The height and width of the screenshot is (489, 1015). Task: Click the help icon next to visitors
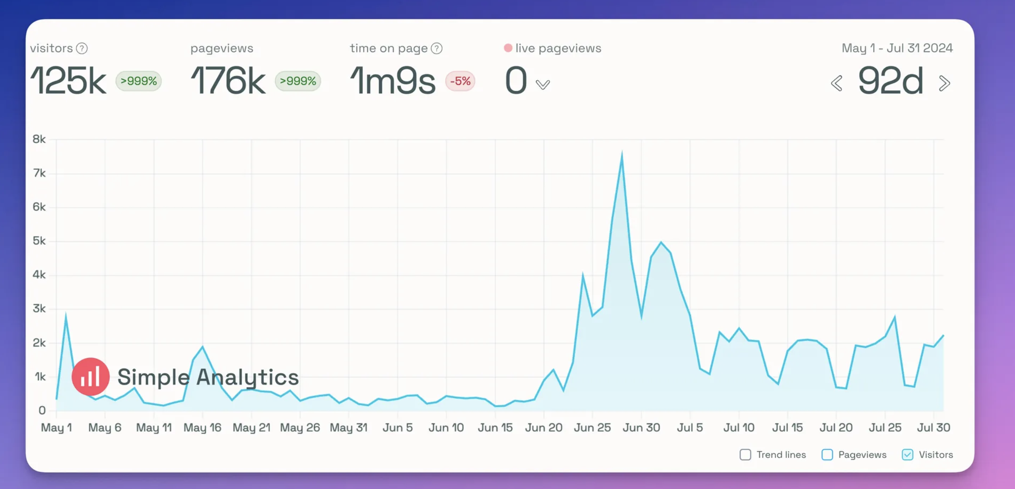pyautogui.click(x=82, y=49)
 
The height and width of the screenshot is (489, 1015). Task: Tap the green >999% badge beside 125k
pyautogui.click(x=139, y=81)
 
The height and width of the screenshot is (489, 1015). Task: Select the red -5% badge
pyautogui.click(x=460, y=81)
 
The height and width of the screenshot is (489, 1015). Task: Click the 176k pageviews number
pyautogui.click(x=228, y=81)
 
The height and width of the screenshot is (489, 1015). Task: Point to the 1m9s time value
pyautogui.click(x=393, y=81)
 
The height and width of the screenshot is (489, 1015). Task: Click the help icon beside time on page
pyautogui.click(x=437, y=49)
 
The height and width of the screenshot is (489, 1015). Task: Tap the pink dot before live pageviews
pyautogui.click(x=508, y=48)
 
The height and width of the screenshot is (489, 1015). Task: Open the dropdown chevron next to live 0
pyautogui.click(x=543, y=84)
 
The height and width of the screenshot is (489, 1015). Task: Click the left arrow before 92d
pyautogui.click(x=836, y=83)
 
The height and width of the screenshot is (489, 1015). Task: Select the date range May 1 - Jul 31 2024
pyautogui.click(x=897, y=48)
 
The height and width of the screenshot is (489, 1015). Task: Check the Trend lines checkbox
pyautogui.click(x=745, y=455)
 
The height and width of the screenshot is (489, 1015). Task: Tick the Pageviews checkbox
pyautogui.click(x=827, y=455)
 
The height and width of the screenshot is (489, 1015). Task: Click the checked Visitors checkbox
pyautogui.click(x=907, y=455)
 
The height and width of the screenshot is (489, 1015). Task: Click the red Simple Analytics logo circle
pyautogui.click(x=90, y=377)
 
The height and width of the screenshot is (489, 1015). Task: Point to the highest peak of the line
pyautogui.click(x=622, y=154)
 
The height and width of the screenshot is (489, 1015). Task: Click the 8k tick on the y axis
pyautogui.click(x=39, y=139)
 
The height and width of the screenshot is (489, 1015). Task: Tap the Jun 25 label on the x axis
pyautogui.click(x=592, y=427)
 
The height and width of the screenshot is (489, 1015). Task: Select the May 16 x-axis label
pyautogui.click(x=202, y=427)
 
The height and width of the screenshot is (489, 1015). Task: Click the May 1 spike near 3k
pyautogui.click(x=66, y=315)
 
